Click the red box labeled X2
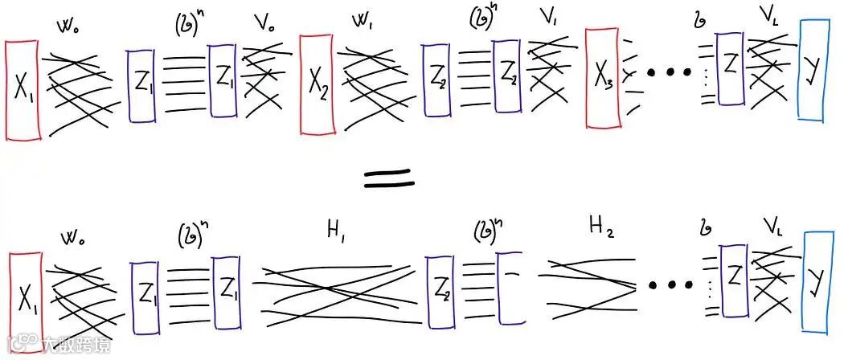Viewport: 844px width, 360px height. (318, 83)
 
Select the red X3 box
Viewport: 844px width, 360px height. (602, 78)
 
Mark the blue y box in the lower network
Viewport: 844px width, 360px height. (817, 281)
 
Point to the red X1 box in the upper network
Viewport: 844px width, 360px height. (22, 90)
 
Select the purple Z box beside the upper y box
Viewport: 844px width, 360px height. (729, 68)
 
